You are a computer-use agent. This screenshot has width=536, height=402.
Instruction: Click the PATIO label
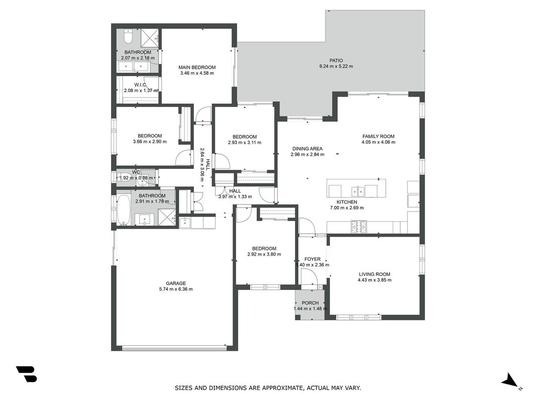[336, 60]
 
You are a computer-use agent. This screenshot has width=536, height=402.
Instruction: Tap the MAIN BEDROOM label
[197, 67]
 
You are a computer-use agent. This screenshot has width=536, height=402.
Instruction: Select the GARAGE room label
[176, 283]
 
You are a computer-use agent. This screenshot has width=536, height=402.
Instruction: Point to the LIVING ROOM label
[374, 274]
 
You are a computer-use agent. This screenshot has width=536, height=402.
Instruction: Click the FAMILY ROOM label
[378, 136]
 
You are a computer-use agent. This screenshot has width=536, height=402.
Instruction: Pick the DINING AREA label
[307, 149]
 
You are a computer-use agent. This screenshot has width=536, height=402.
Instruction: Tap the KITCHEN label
[347, 202]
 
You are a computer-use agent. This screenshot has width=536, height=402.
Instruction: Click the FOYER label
[312, 259]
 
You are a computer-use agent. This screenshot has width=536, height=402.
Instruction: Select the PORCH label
[310, 303]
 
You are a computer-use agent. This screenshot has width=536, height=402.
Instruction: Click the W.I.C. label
[141, 85]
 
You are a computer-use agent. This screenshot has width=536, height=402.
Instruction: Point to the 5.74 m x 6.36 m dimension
[176, 289]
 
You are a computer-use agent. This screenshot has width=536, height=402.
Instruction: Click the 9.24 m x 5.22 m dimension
[336, 66]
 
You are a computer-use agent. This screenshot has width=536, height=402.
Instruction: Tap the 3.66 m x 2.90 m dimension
[150, 142]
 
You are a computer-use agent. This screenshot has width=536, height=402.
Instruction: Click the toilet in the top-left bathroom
[128, 37]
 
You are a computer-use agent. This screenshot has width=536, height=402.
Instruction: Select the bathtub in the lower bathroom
[123, 210]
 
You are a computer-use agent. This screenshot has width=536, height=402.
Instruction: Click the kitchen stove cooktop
[359, 227]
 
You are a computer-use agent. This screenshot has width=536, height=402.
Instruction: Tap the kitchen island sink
[358, 191]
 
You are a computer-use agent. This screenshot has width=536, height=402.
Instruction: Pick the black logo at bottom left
[26, 374]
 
